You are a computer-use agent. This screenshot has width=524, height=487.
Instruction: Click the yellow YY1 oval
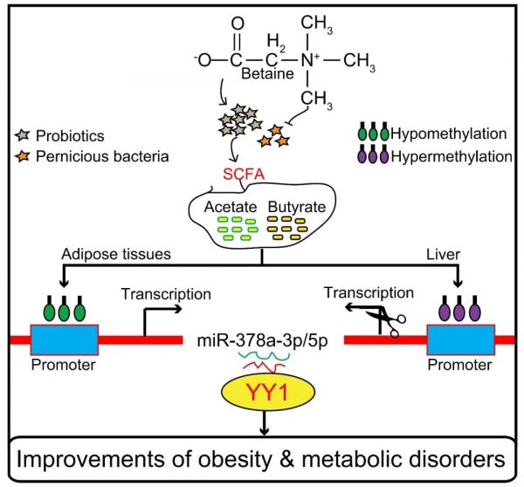click(x=268, y=392)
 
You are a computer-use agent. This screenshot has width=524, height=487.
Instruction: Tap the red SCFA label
click(x=244, y=175)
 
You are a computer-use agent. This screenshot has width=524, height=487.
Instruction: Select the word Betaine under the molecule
click(x=267, y=73)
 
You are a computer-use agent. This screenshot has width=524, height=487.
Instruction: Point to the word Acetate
click(x=231, y=207)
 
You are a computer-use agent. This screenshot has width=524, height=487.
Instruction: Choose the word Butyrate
click(x=297, y=207)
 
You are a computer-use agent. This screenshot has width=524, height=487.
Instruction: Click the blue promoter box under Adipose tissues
click(x=65, y=340)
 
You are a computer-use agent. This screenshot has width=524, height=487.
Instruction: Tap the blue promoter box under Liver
click(x=461, y=340)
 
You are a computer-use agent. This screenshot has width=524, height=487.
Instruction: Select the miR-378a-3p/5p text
click(x=262, y=340)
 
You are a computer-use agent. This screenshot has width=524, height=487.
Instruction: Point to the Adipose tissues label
click(x=116, y=254)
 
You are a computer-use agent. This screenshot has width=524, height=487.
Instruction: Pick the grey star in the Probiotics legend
click(x=23, y=135)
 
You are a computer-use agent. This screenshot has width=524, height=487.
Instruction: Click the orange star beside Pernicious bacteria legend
click(x=23, y=156)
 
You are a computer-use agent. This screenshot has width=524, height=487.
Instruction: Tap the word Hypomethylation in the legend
click(x=449, y=134)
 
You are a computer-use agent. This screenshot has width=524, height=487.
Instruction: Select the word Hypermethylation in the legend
click(x=452, y=156)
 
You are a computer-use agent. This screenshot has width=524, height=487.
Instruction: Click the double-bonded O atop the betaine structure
click(x=238, y=24)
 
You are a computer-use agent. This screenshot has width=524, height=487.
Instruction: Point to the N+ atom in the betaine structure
click(x=310, y=60)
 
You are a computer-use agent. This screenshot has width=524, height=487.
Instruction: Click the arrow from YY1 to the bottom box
click(x=265, y=423)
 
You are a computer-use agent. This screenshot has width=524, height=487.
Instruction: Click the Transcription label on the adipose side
click(x=166, y=294)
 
